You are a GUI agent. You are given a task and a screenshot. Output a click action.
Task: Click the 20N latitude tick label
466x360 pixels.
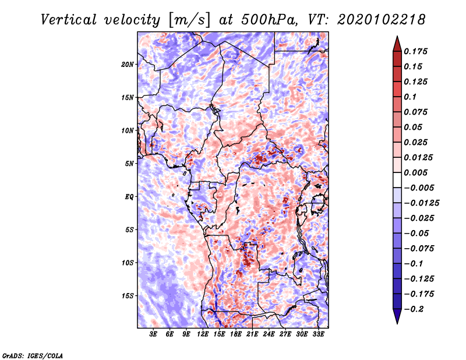(x=128, y=65)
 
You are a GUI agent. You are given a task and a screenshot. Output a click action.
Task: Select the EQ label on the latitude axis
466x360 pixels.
(x=129, y=197)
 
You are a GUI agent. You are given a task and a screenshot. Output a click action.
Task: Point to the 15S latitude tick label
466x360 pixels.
(x=128, y=296)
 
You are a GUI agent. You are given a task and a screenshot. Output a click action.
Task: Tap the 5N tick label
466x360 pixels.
(x=129, y=164)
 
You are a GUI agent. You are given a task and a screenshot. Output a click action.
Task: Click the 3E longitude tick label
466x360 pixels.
(x=153, y=334)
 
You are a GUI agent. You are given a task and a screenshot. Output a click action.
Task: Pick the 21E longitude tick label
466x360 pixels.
(x=252, y=334)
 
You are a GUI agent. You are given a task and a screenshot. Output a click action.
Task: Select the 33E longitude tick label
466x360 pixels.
(x=318, y=334)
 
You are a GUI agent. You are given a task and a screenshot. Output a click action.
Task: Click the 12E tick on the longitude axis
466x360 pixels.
(x=203, y=334)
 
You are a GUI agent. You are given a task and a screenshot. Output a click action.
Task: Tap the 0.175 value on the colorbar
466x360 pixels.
(x=415, y=51)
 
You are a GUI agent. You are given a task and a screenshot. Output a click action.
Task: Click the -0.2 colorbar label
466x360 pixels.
(x=414, y=309)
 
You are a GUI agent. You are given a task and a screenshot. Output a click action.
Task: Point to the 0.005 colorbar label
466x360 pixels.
(x=415, y=172)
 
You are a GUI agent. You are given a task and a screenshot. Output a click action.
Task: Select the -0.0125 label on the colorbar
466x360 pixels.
(x=421, y=203)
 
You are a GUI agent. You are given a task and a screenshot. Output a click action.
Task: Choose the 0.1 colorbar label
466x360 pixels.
(x=410, y=97)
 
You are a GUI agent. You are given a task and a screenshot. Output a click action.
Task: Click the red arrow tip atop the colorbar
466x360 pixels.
(x=397, y=37)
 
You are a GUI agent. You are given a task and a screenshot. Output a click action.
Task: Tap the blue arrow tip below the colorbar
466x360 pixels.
(x=397, y=323)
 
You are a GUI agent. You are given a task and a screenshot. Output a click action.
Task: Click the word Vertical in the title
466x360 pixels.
(x=69, y=20)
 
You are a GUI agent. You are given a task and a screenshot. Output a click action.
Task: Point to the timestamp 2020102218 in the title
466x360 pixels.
(x=382, y=20)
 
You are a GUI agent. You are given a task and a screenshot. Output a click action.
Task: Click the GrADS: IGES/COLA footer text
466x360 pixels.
(x=33, y=355)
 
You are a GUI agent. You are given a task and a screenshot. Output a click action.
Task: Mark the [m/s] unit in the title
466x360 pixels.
(x=190, y=20)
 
